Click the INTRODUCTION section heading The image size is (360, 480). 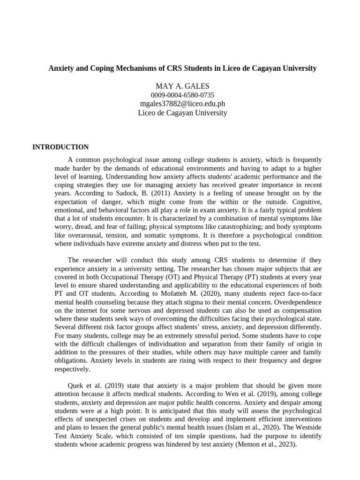pyautogui.click(x=60, y=147)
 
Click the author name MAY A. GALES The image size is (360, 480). pyautogui.click(x=182, y=86)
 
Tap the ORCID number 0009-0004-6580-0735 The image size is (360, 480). pyautogui.click(x=182, y=95)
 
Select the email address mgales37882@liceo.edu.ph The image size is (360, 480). pyautogui.click(x=182, y=104)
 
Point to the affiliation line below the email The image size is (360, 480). pyautogui.click(x=182, y=112)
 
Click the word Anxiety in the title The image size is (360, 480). pyautogui.click(x=62, y=68)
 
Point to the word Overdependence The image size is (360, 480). pyautogui.click(x=296, y=302)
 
